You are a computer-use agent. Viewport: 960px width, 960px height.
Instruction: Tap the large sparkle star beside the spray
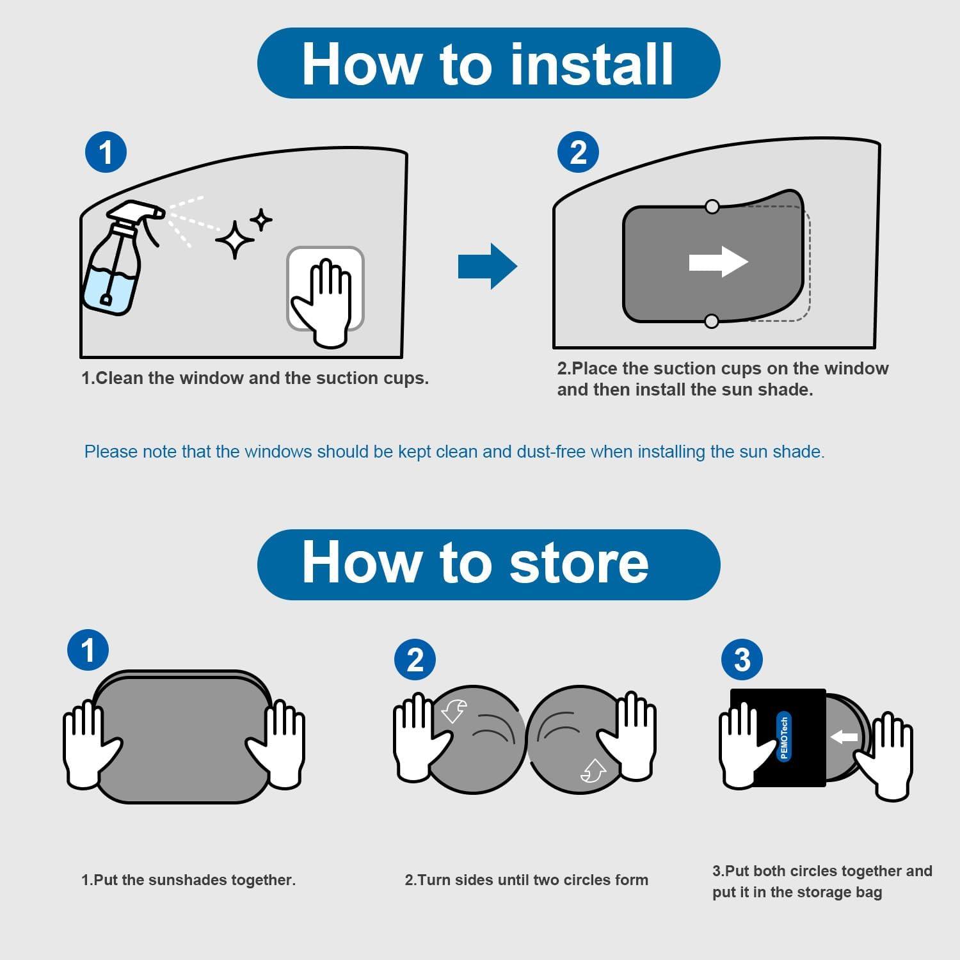coord(235,239)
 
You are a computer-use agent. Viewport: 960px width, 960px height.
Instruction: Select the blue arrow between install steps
coord(487,266)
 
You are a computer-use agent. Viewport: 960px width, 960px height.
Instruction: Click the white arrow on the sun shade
coord(719,262)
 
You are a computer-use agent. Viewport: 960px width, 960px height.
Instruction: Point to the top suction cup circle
coord(712,207)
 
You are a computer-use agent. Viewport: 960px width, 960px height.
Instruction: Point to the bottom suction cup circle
coord(711,321)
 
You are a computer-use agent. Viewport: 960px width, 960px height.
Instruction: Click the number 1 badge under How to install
coord(106,152)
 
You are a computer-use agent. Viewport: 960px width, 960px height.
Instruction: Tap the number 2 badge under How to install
coord(578,152)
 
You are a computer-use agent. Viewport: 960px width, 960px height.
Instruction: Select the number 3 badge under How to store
coord(742,660)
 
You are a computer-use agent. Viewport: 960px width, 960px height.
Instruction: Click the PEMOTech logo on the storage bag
coord(784,736)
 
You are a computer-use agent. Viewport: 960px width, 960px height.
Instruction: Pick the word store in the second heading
coord(579,563)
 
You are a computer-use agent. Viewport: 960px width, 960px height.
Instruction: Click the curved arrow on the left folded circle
coord(454,711)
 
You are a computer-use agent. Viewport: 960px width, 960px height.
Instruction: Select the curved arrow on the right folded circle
coord(593,770)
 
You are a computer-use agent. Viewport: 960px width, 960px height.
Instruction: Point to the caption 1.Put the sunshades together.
coord(189,880)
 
